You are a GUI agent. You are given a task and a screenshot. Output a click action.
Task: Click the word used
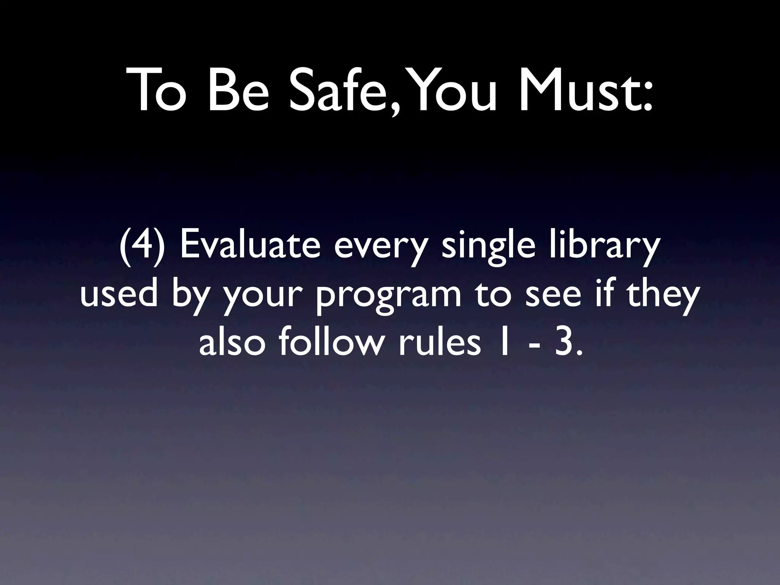click(x=118, y=295)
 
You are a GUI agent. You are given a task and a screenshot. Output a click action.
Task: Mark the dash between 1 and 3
click(x=532, y=347)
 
